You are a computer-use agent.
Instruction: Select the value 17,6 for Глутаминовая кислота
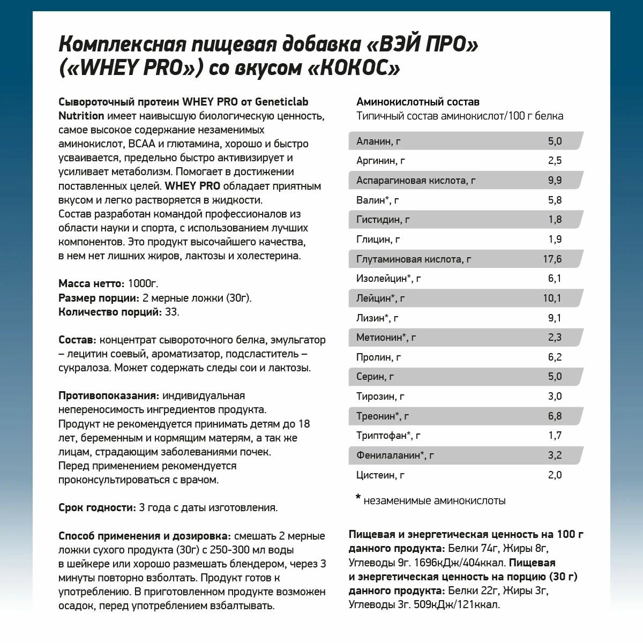(552, 259)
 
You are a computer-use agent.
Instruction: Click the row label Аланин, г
(378, 141)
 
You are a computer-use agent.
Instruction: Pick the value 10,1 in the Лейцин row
(552, 298)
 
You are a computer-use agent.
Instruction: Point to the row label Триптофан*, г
(388, 436)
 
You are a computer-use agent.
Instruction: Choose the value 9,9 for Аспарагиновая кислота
(555, 180)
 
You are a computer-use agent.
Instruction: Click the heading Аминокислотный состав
(417, 102)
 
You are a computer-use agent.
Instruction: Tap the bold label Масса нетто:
(92, 283)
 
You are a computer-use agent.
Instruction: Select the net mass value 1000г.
(143, 283)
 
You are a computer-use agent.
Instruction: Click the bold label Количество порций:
(110, 312)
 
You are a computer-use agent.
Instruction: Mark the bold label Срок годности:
(97, 507)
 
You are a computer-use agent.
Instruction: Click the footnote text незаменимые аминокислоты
(435, 500)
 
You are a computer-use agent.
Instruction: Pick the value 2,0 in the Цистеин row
(555, 475)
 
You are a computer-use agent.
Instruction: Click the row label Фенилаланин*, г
(395, 455)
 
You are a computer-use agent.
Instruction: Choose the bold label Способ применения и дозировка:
(145, 536)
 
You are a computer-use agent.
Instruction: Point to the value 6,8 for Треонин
(555, 416)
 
